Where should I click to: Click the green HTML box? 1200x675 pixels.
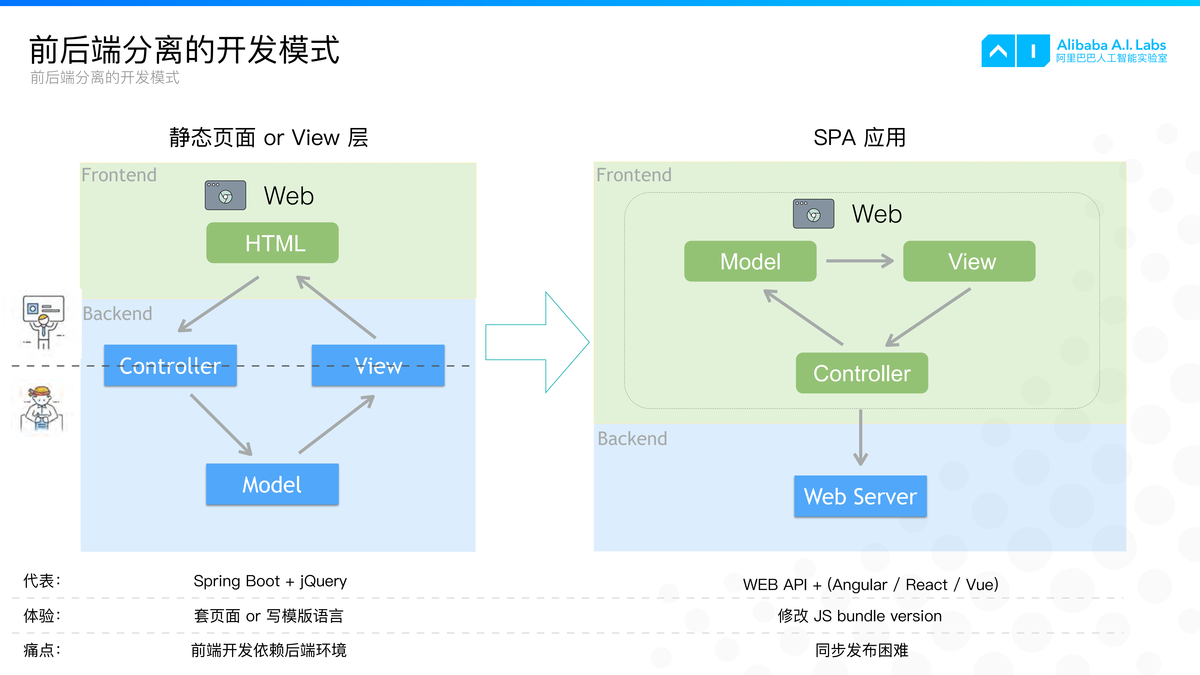tap(273, 243)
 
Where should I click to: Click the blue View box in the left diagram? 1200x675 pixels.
tap(378, 365)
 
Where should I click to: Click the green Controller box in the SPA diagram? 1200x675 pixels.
tap(862, 373)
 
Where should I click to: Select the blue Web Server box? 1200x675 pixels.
tap(860, 496)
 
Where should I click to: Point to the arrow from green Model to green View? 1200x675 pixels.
tap(859, 261)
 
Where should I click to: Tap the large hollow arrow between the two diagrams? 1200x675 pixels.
tap(536, 342)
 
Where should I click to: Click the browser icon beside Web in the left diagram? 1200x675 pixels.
tap(226, 195)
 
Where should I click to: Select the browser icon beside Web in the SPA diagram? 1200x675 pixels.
tap(813, 214)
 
